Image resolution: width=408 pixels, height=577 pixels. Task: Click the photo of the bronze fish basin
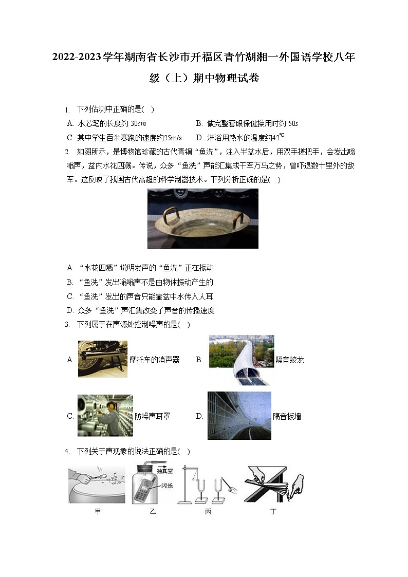202,218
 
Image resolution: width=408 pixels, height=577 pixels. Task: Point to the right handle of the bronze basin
237,220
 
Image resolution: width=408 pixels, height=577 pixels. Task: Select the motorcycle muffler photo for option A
102,359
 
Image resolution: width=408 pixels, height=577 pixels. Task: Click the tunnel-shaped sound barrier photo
241,360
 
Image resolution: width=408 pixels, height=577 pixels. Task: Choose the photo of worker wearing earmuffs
105,416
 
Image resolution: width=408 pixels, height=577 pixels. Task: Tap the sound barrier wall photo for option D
239,416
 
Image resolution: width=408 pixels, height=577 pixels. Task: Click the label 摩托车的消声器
154,360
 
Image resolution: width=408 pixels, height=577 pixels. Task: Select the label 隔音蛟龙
289,360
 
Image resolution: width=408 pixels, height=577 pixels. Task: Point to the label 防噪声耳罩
152,416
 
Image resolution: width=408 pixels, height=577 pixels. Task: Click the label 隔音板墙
287,416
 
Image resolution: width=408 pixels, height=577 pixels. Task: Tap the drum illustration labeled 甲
97,485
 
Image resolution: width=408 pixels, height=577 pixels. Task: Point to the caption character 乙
152,512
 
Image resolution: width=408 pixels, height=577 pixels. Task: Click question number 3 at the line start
67,325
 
